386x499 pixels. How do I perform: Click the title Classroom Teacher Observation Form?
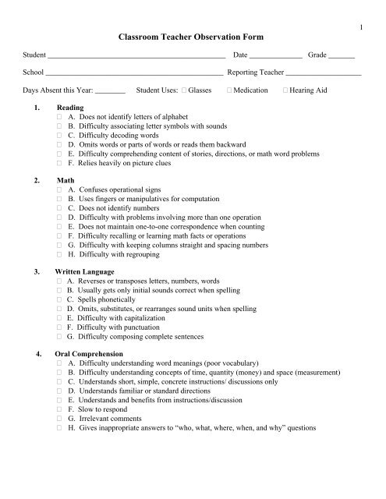(193, 37)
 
